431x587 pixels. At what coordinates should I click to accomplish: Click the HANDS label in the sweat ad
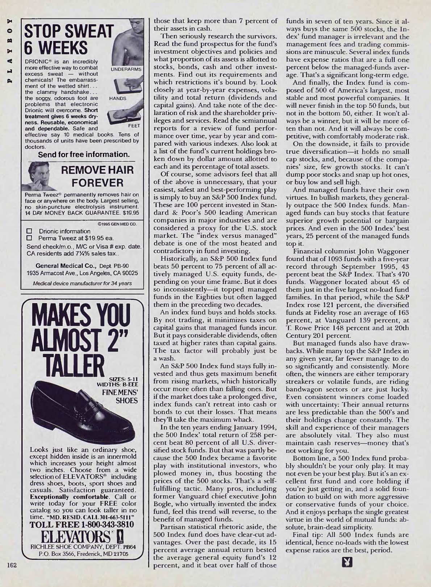coord(118,98)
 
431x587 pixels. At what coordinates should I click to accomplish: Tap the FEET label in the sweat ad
coord(134,126)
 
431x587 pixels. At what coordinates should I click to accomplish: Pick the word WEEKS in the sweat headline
coord(56,47)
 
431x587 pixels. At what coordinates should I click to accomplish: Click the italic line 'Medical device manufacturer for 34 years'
coord(82,283)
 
